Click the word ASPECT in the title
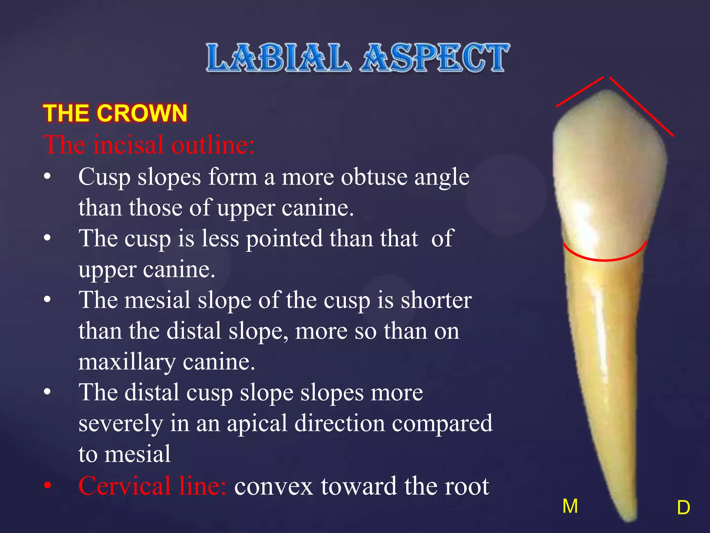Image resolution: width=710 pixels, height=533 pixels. (x=435, y=58)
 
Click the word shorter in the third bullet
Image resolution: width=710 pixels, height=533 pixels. (x=436, y=300)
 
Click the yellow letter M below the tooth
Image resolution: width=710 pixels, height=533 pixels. (x=570, y=506)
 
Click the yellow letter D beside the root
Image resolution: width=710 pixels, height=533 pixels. (x=683, y=508)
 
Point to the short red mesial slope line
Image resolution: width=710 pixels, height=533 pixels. (x=580, y=92)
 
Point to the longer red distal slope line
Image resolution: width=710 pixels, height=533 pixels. (x=641, y=106)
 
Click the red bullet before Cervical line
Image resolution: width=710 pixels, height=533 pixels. (x=47, y=485)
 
